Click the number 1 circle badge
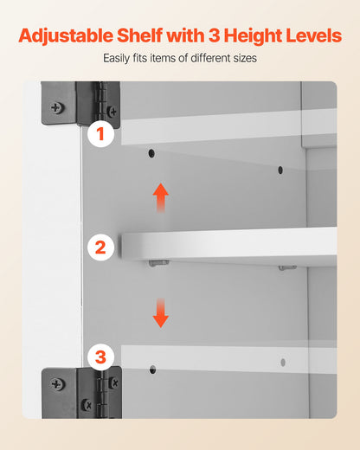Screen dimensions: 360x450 (x=100, y=134)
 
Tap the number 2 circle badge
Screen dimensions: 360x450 (x=100, y=247)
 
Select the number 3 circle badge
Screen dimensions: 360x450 (x=100, y=357)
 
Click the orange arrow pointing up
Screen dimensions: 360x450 (x=161, y=198)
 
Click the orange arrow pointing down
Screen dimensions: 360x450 (x=161, y=313)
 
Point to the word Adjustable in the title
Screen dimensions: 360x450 (x=66, y=36)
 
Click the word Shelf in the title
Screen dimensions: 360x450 (x=140, y=35)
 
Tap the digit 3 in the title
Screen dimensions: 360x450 (x=214, y=35)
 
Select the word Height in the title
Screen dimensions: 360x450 (x=253, y=36)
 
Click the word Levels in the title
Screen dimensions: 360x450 (x=314, y=35)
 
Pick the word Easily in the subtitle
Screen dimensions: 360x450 (x=117, y=59)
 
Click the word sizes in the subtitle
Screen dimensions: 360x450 (x=245, y=58)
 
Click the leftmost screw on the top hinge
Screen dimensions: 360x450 (x=57, y=108)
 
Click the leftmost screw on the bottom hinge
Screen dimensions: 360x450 (x=57, y=384)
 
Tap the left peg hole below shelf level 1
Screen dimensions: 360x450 (x=151, y=153)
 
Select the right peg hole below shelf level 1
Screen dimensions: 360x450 (x=280, y=170)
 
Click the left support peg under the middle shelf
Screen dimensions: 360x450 (x=159, y=263)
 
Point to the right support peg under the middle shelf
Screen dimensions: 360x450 (x=287, y=268)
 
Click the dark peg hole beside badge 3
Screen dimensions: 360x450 (x=153, y=370)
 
